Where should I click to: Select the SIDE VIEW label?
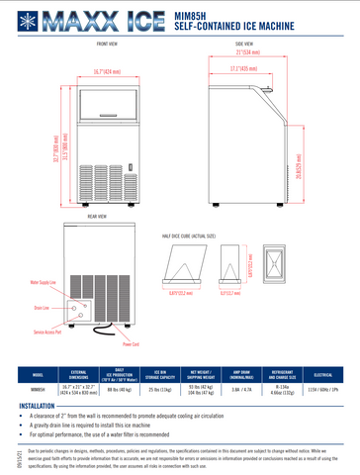coord(247,45)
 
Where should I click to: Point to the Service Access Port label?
coord(50,332)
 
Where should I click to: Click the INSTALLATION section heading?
coord(37,406)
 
